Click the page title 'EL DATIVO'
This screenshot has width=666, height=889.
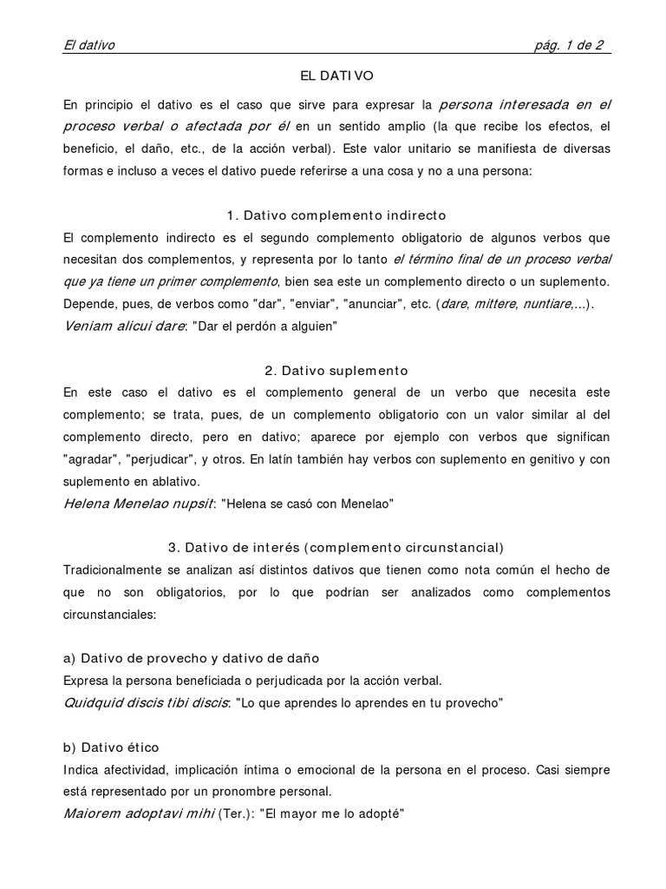336,76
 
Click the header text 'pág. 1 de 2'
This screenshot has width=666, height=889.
570,46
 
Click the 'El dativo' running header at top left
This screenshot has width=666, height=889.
89,46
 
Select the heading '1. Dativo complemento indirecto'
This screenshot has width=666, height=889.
336,214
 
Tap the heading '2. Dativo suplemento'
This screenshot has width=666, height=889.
336,371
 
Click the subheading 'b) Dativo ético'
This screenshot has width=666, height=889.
112,747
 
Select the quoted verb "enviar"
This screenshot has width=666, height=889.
315,303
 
